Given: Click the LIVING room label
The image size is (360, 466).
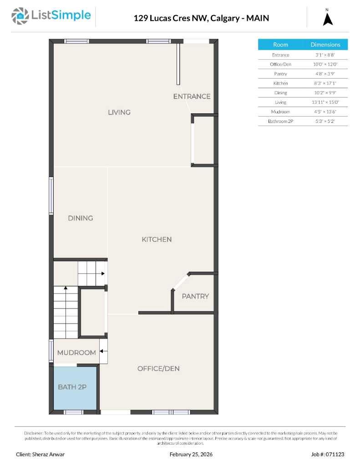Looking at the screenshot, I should point(119,112).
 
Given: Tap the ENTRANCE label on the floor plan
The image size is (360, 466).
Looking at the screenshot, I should point(192,96).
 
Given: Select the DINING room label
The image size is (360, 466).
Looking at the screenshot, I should point(81,218).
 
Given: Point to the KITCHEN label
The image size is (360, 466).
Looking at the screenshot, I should point(157,239).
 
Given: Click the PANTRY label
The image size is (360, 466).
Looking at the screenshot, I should point(195,296).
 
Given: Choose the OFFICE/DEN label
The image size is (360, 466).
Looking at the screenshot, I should point(158,369).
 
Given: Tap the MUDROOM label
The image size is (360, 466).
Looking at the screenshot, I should point(76,353).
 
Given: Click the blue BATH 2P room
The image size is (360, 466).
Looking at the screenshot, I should point(75,387).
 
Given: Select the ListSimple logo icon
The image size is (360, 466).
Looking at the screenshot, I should point(19,16).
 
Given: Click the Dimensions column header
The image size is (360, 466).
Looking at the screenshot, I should point(325,45).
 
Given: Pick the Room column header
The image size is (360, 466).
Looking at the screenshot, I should point(280,45).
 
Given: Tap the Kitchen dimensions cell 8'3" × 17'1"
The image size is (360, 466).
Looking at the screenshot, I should point(325,83).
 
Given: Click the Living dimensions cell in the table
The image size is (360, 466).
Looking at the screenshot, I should point(325,102).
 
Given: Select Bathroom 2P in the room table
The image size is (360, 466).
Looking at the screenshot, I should point(280,122).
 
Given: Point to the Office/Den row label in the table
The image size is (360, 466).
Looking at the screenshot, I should point(280,64).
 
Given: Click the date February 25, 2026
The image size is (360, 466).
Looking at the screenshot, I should point(191,454).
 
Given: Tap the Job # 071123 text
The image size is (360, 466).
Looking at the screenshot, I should point(328,454).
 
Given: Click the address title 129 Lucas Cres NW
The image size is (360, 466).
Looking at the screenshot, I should point(171,18).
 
